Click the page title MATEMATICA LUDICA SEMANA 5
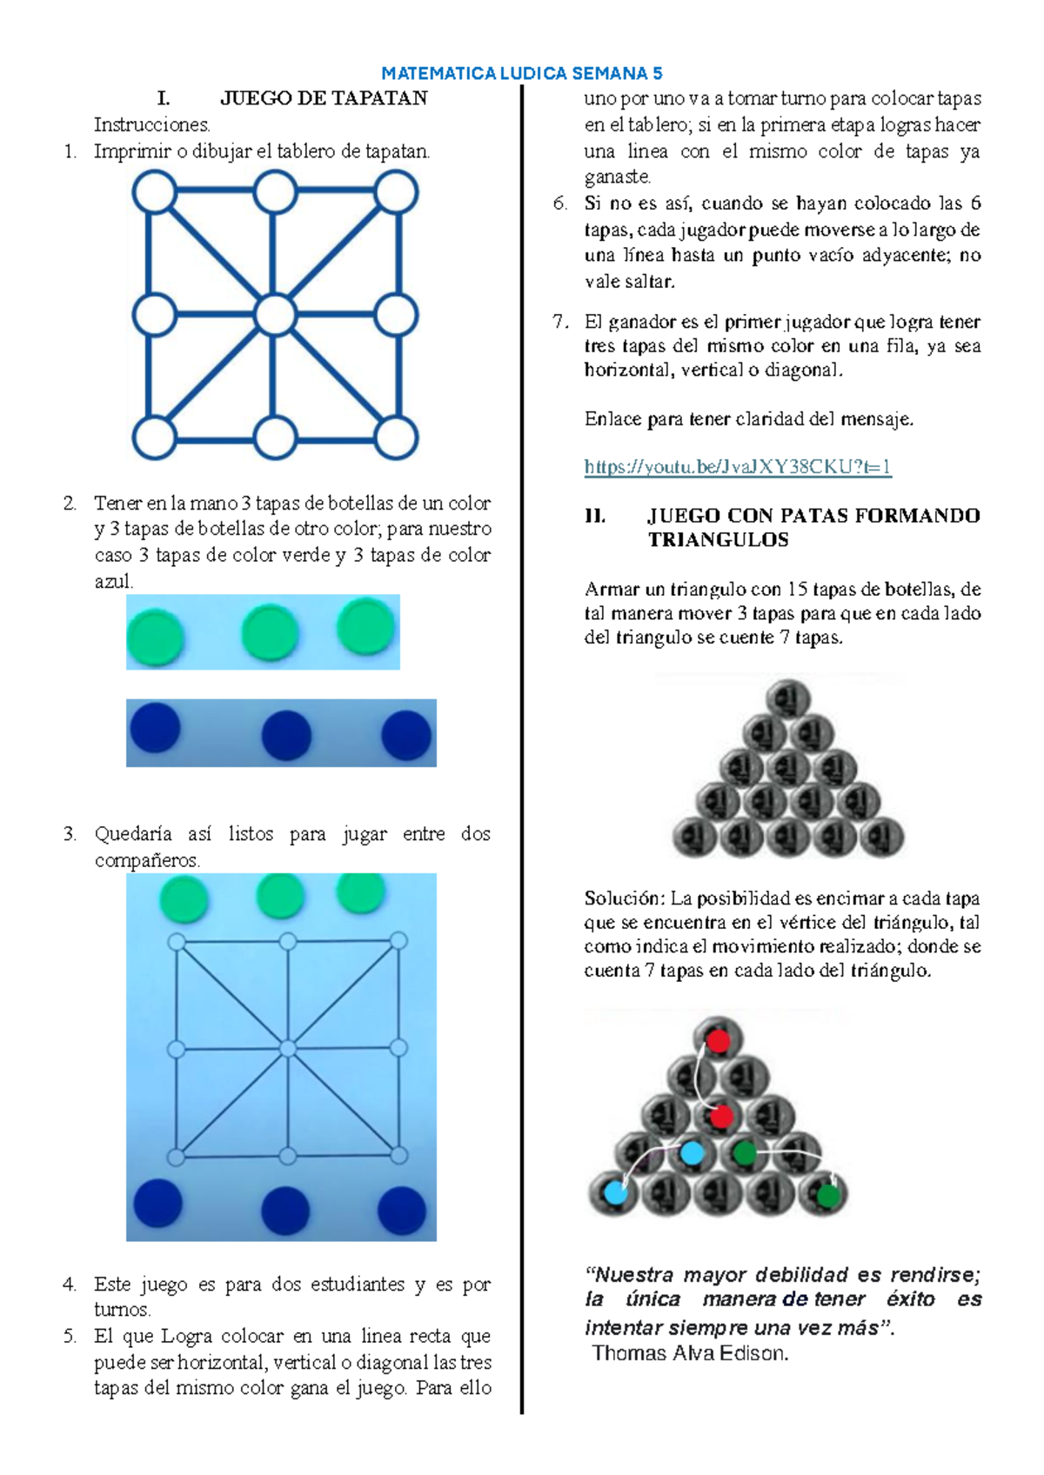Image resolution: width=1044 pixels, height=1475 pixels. click(522, 73)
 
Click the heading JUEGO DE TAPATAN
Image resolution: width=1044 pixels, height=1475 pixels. click(323, 98)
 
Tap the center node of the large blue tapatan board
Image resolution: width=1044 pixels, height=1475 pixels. click(276, 314)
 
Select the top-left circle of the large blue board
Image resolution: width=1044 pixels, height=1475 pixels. click(155, 192)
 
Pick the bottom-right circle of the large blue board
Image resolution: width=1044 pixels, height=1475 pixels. click(397, 437)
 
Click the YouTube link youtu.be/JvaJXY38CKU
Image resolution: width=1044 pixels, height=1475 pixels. click(738, 467)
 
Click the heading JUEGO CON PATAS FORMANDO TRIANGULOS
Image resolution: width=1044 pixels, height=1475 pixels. click(813, 527)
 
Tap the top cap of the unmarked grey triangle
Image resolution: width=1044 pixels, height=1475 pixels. click(788, 699)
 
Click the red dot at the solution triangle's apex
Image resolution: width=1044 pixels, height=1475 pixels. click(719, 1040)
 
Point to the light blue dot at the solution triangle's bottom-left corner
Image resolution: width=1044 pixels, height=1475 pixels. click(615, 1192)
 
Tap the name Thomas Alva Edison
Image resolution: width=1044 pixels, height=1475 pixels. click(690, 1353)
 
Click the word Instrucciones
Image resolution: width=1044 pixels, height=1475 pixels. click(152, 124)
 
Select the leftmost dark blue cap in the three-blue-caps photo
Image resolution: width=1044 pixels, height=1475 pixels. click(155, 728)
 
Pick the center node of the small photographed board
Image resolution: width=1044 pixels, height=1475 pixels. click(287, 1049)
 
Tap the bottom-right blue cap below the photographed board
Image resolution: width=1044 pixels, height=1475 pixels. click(403, 1210)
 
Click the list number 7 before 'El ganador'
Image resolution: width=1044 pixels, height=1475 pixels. click(559, 322)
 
